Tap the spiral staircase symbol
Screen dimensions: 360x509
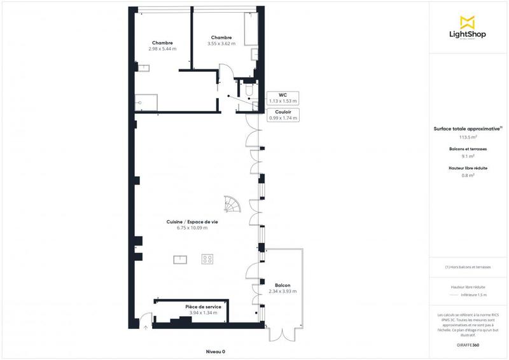(x=232, y=204)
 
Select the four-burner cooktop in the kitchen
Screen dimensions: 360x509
(x=207, y=259)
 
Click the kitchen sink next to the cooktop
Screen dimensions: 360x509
(x=180, y=259)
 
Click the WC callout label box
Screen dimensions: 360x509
(x=282, y=98)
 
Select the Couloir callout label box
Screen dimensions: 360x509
(x=282, y=115)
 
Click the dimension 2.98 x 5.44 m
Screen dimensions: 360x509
(x=163, y=48)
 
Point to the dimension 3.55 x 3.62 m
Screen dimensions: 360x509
(x=221, y=44)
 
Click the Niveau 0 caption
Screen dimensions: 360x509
(x=216, y=352)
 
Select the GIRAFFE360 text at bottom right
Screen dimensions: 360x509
(x=468, y=344)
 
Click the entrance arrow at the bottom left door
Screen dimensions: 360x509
(x=145, y=328)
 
